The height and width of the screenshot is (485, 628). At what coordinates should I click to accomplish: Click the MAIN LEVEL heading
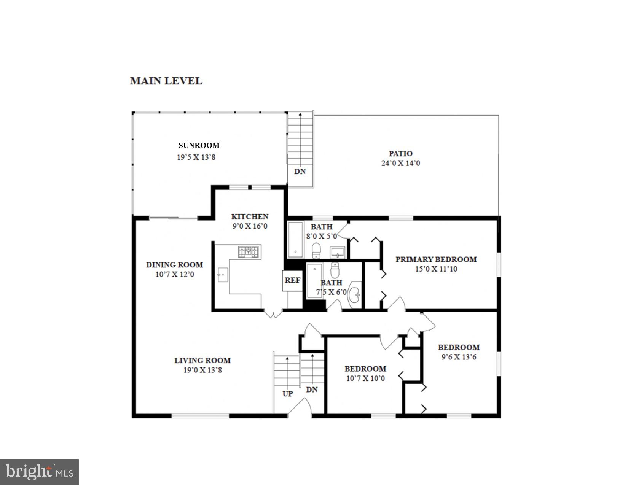click(166, 81)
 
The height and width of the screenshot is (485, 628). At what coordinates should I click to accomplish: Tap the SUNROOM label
click(199, 145)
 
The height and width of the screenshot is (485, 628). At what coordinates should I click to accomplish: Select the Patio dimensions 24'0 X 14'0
click(400, 163)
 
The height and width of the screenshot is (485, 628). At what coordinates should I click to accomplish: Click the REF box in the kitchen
click(292, 280)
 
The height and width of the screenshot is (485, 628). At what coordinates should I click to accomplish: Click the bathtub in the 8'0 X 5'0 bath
click(295, 240)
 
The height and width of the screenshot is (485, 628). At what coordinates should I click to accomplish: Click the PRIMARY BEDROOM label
click(436, 259)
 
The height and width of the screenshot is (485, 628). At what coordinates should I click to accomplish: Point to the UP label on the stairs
click(288, 394)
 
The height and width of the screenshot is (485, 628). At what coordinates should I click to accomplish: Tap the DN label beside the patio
click(300, 172)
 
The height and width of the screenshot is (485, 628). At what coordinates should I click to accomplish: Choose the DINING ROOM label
click(174, 265)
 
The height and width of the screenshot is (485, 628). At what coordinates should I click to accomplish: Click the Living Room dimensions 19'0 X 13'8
click(202, 370)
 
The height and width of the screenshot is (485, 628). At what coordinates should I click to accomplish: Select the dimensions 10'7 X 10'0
click(365, 378)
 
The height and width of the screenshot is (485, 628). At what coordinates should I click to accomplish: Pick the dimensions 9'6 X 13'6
click(459, 357)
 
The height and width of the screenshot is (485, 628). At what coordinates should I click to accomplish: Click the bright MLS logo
click(39, 472)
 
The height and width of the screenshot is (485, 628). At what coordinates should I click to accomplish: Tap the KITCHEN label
click(250, 217)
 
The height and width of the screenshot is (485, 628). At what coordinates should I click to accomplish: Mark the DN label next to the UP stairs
click(312, 390)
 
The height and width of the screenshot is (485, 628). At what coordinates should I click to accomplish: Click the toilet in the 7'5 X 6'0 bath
click(335, 270)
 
